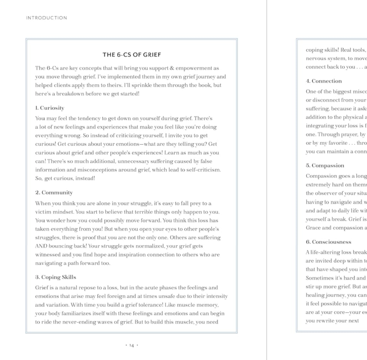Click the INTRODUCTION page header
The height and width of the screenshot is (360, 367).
46,18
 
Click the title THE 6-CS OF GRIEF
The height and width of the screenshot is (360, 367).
132,55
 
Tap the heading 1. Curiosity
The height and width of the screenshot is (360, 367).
50,108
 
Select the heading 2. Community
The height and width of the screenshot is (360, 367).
54,193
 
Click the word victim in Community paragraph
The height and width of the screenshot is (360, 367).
43,212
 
